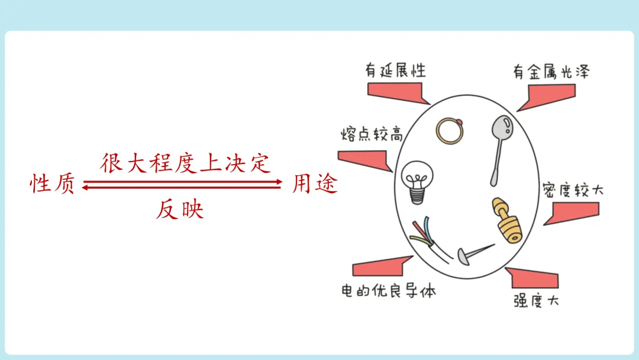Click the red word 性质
click(x=53, y=185)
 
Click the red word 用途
click(x=315, y=185)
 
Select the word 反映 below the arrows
click(x=180, y=210)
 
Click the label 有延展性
click(x=395, y=71)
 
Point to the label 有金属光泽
click(x=550, y=72)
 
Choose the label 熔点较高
click(x=372, y=134)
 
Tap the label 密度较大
click(x=573, y=191)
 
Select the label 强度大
click(x=536, y=300)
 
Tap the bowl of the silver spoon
click(x=502, y=126)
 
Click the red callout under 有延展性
click(x=395, y=92)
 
